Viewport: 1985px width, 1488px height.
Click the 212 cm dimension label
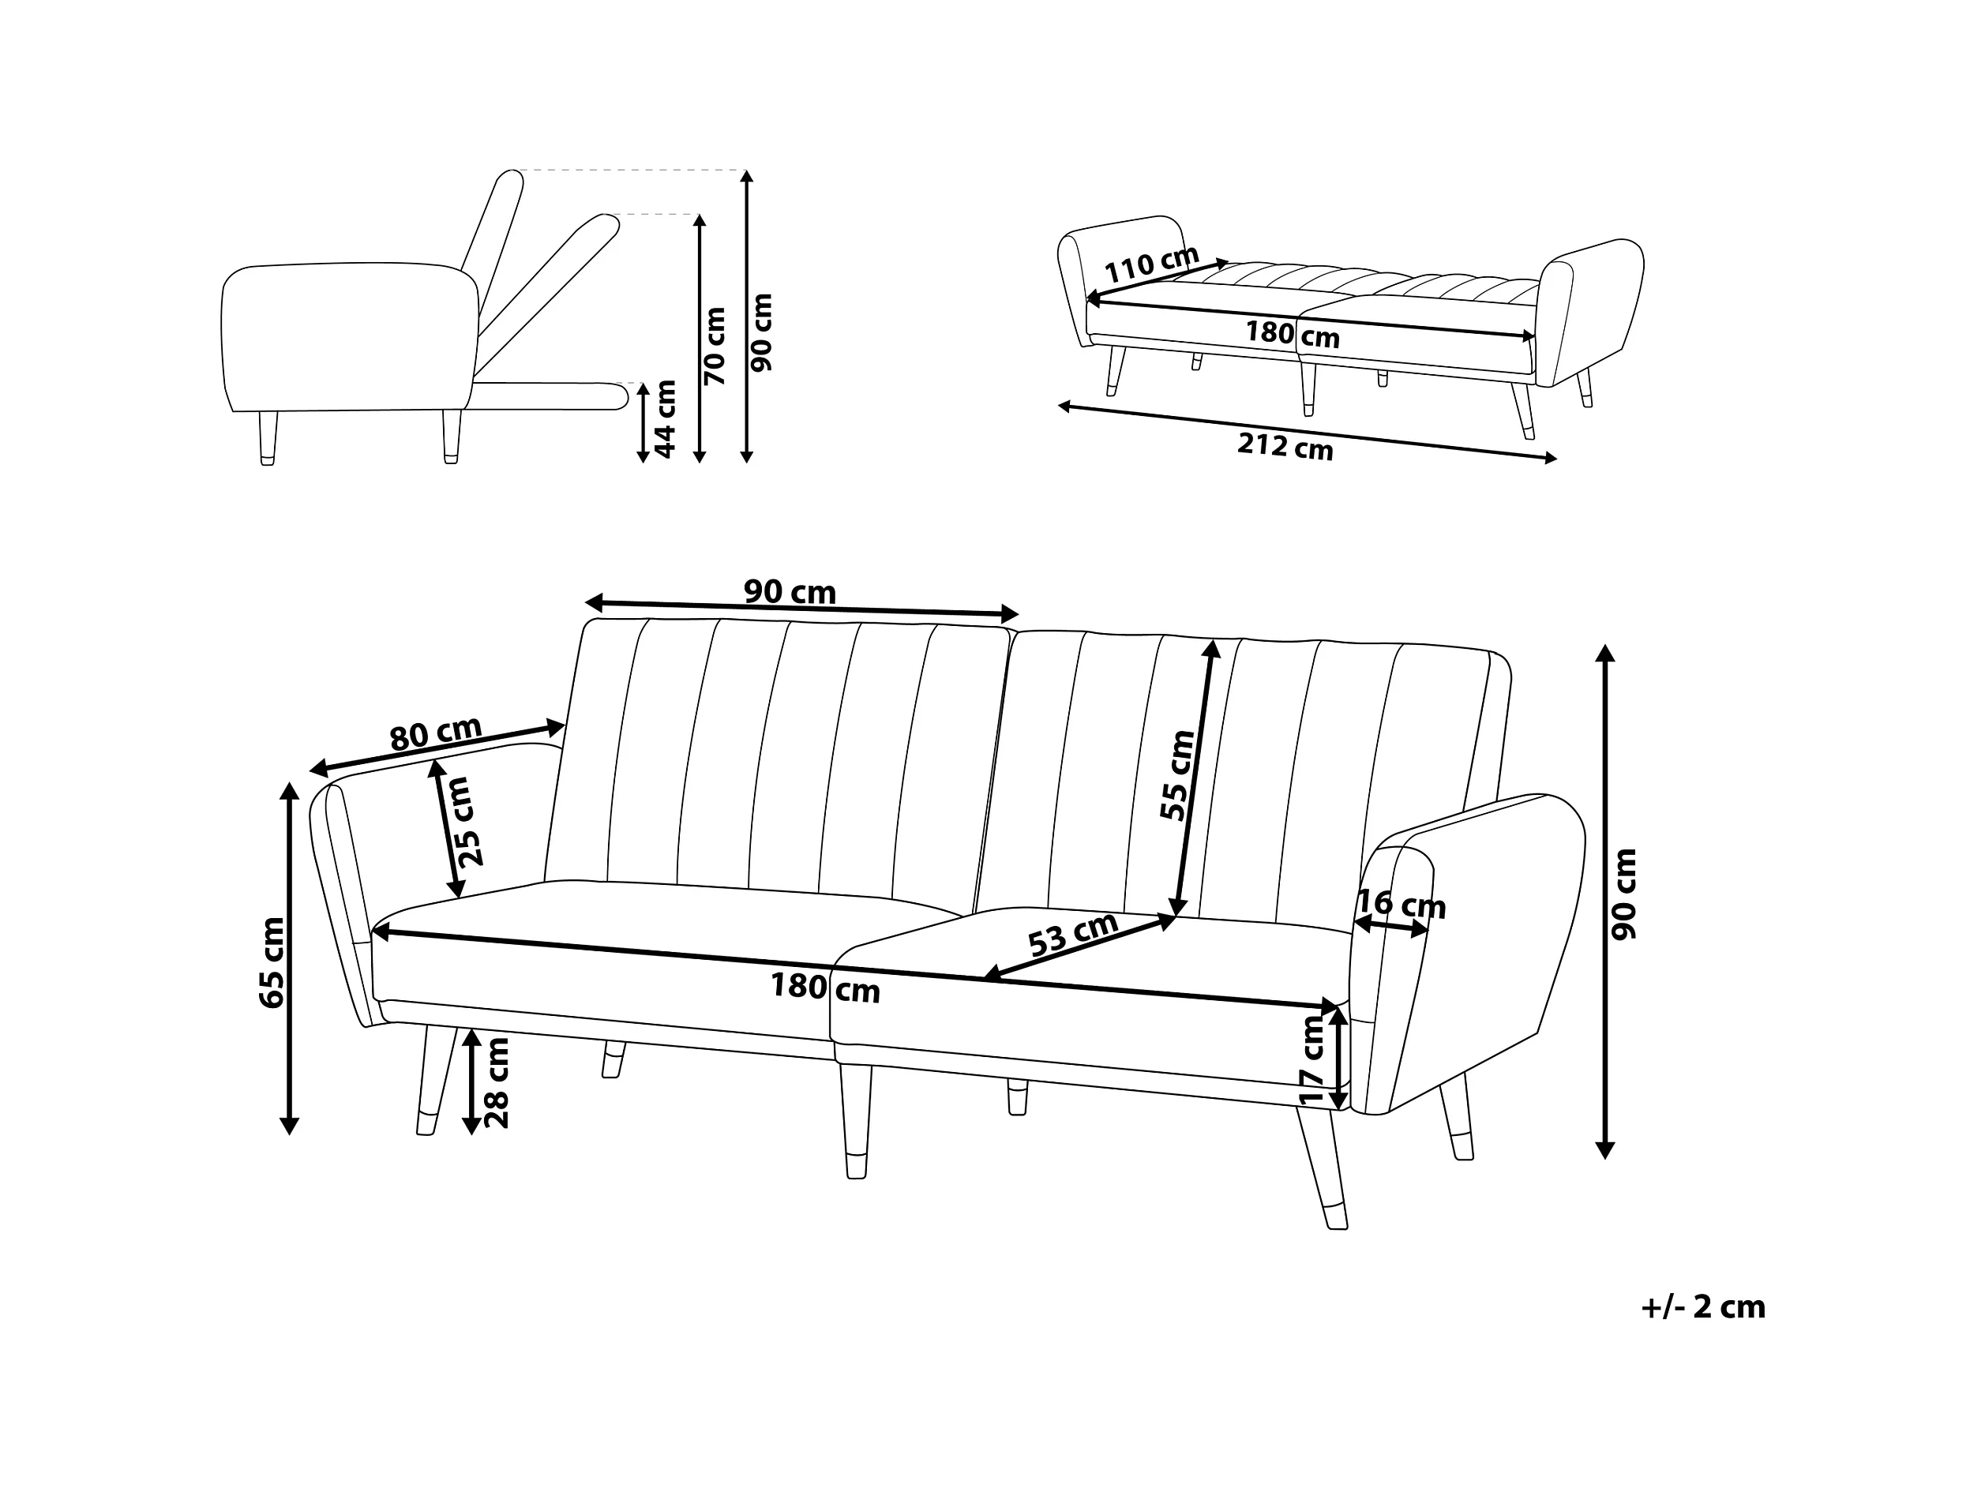click(1285, 446)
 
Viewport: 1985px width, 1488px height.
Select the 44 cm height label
click(665, 419)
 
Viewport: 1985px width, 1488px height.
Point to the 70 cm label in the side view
click(715, 347)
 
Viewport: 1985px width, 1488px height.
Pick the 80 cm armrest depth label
click(435, 733)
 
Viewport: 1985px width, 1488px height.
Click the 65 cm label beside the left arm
click(271, 962)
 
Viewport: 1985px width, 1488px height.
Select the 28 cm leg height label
click(496, 1082)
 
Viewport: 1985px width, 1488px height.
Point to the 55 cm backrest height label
click(1177, 775)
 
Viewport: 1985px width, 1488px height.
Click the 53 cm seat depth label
click(1073, 935)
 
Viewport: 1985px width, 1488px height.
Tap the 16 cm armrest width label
click(1401, 904)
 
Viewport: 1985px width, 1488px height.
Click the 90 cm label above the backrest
click(790, 592)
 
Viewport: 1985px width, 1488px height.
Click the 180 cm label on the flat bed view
click(1293, 334)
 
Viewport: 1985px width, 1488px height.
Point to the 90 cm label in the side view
click(761, 333)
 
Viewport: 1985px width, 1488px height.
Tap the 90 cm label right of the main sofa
click(1624, 894)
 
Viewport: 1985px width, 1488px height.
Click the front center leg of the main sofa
click(855, 1121)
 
